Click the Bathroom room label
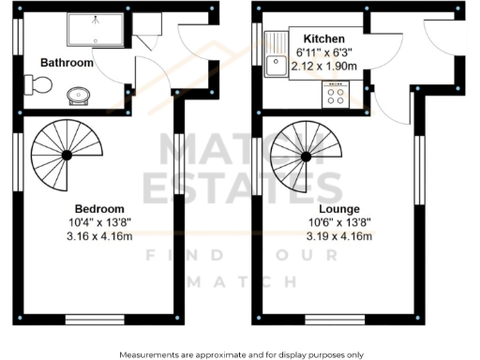[67, 63]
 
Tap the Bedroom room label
[99, 208]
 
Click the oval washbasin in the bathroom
[79, 95]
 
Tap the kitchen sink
[277, 65]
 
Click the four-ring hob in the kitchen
[334, 95]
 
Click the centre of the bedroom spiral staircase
[65, 155]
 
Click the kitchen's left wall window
[257, 44]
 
